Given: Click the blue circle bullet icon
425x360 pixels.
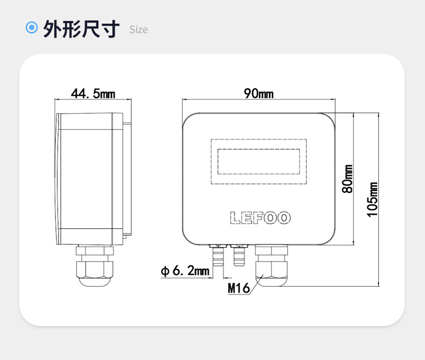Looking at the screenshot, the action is click(x=32, y=27).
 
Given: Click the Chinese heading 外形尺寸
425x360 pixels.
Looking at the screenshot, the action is click(x=81, y=29).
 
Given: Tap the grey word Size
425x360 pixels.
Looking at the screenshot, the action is click(x=138, y=30).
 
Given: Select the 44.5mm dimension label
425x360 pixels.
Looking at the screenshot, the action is click(x=93, y=94).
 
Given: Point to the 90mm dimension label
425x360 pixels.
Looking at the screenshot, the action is click(x=259, y=94).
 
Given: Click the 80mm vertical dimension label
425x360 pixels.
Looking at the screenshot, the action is click(x=348, y=179).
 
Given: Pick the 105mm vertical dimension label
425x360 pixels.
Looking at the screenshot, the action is click(x=372, y=200).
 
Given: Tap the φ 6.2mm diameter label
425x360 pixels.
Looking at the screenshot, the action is click(x=185, y=271).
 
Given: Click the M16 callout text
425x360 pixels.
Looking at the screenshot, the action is click(x=238, y=288).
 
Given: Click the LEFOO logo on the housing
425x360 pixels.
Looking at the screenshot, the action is click(x=260, y=218).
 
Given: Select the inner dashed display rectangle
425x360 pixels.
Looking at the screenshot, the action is click(x=259, y=161).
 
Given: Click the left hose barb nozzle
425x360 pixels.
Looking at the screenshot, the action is click(x=218, y=255).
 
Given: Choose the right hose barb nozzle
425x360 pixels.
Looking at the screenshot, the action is click(x=239, y=255).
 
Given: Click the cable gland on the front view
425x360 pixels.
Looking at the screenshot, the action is click(x=271, y=265).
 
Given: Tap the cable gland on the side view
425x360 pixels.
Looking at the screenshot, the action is click(x=95, y=266).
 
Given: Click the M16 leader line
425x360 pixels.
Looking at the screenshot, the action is click(x=256, y=284).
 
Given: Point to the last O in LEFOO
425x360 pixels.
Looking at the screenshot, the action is click(x=285, y=218).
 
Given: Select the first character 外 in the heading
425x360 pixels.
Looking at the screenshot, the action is click(x=52, y=29).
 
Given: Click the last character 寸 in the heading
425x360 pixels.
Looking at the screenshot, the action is click(x=110, y=29).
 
